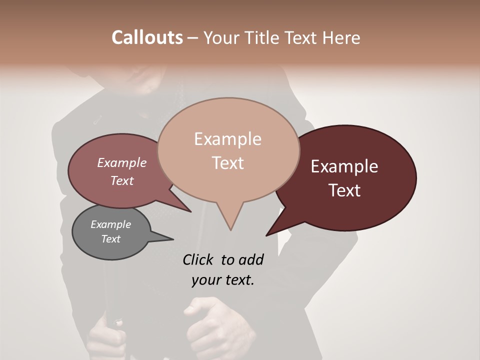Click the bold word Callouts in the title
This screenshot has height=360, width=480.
tap(147, 37)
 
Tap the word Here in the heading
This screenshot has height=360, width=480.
tap(341, 37)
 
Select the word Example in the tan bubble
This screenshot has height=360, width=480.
tap(227, 139)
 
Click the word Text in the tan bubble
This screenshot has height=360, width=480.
tap(228, 163)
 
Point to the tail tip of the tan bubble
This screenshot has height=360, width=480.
tap(230, 229)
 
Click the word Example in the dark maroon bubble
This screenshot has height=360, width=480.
tap(344, 166)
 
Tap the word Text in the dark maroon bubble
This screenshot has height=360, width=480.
tap(345, 190)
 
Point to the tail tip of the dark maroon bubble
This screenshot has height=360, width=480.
tap(266, 235)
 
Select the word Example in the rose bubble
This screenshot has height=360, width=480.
tap(122, 162)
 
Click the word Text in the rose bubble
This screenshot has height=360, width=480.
tap(122, 180)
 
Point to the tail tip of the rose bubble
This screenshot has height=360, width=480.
tap(191, 211)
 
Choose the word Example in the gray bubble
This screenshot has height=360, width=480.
tap(111, 224)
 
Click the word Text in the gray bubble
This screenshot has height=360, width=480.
tap(111, 239)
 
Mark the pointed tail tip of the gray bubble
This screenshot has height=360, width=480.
tap(173, 239)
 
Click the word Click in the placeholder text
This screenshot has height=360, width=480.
tap(199, 259)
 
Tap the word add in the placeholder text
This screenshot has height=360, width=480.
tap(251, 259)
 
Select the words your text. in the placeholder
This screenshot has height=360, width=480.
tap(223, 280)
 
